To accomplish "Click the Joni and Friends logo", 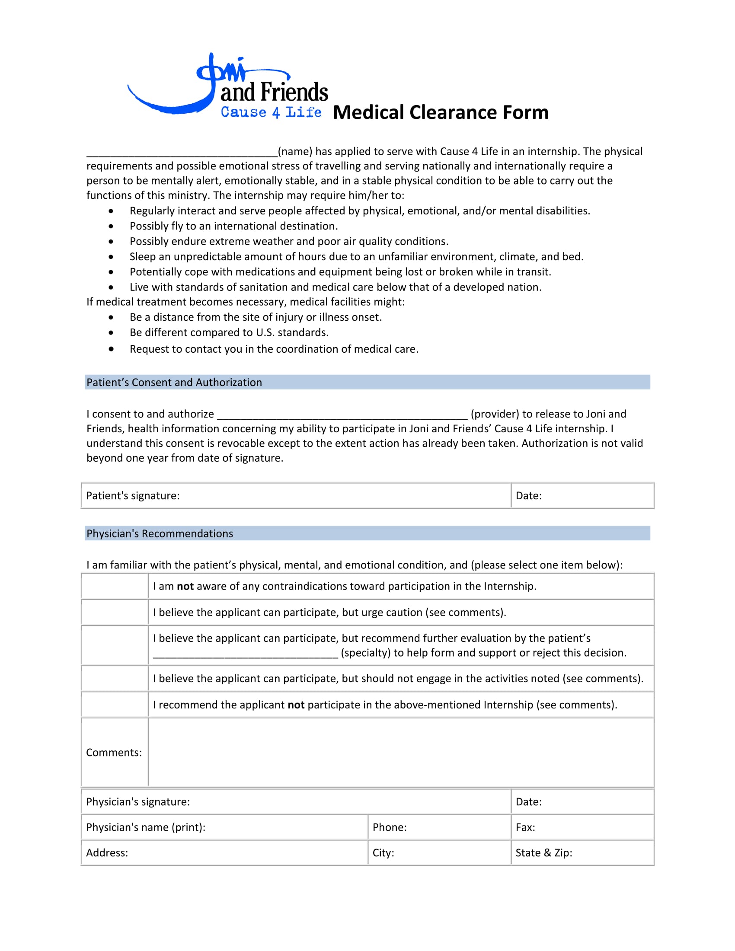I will point(227,86).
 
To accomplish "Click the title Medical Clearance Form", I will point(440,112).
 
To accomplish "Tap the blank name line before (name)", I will point(182,153).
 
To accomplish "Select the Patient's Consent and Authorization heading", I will point(174,382).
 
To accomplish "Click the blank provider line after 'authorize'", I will point(342,415).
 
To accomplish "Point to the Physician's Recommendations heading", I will point(160,533).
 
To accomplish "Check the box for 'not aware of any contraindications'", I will point(115,587).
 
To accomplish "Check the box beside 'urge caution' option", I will point(115,613).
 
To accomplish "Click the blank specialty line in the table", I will point(245,654).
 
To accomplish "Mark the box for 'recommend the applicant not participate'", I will point(115,705).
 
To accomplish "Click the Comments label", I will point(114,753).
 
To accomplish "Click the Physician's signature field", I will point(348,801).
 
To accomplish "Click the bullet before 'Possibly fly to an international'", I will point(112,227).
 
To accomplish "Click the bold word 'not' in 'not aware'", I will point(185,587).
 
